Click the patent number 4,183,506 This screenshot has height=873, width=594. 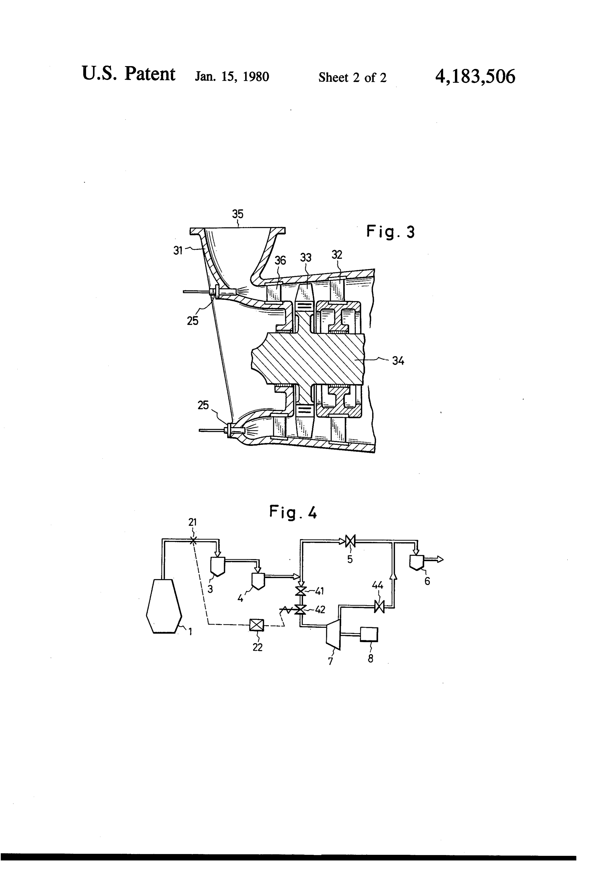click(x=475, y=77)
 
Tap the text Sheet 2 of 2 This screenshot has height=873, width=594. click(x=352, y=77)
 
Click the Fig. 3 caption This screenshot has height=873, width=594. click(x=390, y=232)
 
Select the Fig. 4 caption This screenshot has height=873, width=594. click(x=293, y=512)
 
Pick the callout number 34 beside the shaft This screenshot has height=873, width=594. click(x=398, y=361)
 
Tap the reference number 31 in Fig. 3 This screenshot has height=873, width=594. click(x=178, y=250)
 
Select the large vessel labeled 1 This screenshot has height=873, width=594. click(x=164, y=606)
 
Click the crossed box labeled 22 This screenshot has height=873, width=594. click(x=257, y=625)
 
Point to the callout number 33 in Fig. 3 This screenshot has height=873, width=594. click(x=306, y=258)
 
